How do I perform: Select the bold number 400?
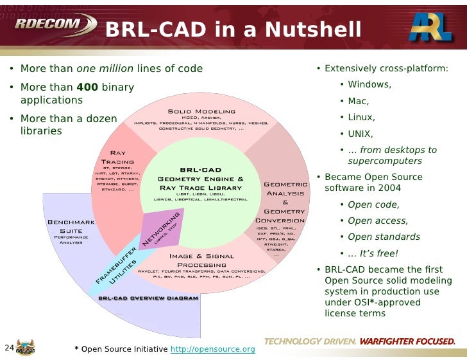click(x=87, y=87)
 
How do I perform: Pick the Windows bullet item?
click(x=369, y=84)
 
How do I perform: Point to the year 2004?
click(x=389, y=188)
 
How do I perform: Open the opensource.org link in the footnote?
click(x=212, y=349)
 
